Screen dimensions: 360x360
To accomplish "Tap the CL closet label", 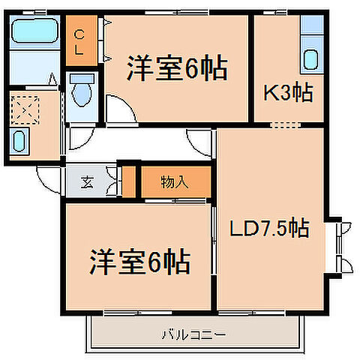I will [79, 40].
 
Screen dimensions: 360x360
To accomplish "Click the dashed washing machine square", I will [27, 111].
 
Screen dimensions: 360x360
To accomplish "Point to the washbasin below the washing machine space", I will [21, 141].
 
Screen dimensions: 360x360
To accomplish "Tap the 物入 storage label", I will [174, 181].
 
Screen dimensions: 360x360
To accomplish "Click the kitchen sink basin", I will [310, 58].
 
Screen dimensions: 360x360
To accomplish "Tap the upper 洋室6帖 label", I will [177, 69].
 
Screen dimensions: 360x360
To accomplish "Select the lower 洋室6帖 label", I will [139, 262].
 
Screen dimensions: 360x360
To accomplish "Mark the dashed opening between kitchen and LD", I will [288, 124].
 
